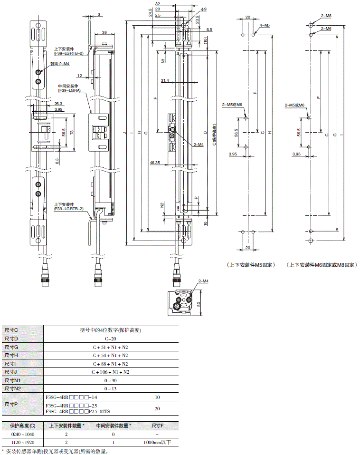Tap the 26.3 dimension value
[58, 104]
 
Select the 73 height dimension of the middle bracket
[72, 133]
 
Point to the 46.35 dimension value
[154, 163]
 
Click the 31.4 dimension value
[165, 80]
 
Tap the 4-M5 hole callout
[265, 25]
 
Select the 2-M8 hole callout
[326, 16]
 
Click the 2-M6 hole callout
[326, 29]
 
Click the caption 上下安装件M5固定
[251, 265]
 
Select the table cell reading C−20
[111, 339]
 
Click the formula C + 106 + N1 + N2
[111, 372]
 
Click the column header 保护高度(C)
[23, 426]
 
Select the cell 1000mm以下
[157, 443]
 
